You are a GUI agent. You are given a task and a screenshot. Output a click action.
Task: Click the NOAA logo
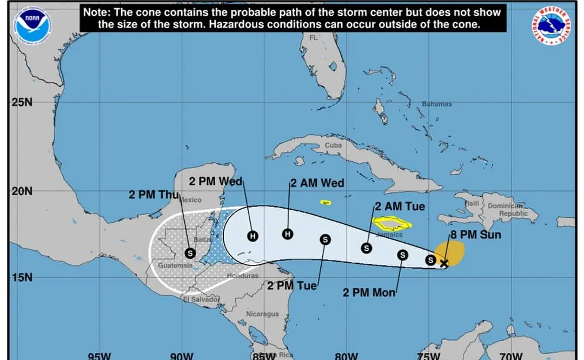point(33,26)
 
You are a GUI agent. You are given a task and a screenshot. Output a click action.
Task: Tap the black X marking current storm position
point(444,264)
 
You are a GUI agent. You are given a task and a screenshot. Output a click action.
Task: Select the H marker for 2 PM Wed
point(252,236)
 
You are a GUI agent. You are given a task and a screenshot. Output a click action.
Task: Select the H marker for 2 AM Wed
point(288,234)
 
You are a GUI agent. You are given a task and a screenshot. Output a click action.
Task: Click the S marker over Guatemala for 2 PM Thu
point(190,252)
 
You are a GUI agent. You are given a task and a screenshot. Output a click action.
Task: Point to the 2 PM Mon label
point(369,292)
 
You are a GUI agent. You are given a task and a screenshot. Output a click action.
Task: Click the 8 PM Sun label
point(475,235)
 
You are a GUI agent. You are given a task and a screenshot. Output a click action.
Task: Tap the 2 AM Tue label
point(400,206)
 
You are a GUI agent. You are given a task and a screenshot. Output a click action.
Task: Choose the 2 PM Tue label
point(292,285)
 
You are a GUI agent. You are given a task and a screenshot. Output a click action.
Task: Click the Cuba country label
point(334,145)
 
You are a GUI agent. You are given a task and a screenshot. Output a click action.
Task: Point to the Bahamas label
point(436,104)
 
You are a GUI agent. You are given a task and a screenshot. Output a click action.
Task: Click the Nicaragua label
point(262,314)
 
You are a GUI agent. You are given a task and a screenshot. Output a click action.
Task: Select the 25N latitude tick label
point(22,102)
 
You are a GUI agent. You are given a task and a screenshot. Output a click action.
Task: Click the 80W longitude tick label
point(346,356)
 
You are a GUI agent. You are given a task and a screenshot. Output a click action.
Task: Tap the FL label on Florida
point(314,38)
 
